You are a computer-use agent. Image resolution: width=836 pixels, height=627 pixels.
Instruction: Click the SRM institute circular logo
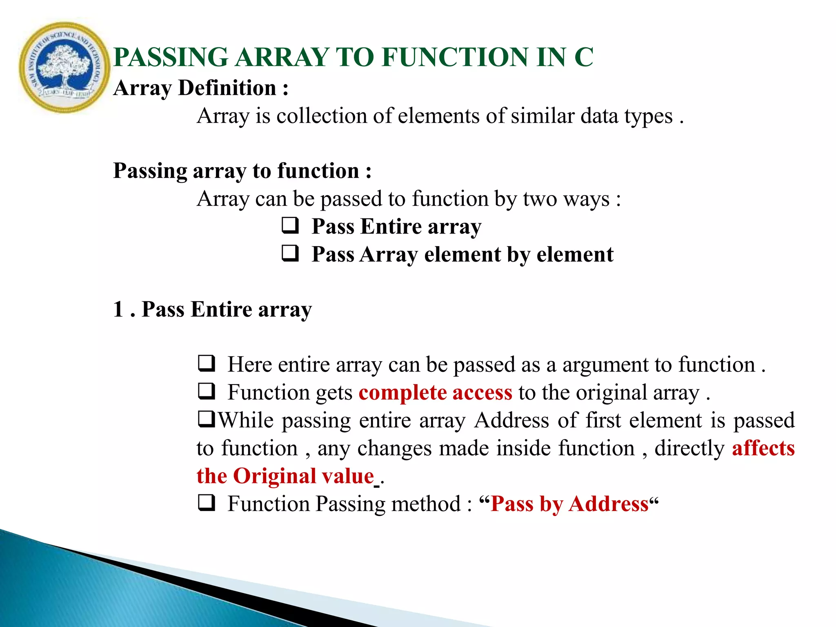point(64,68)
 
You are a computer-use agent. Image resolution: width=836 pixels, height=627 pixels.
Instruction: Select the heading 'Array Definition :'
point(201,88)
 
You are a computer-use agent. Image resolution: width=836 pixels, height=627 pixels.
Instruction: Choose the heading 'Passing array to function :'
point(242,171)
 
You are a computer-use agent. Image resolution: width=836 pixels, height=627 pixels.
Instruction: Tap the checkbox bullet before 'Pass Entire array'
point(290,226)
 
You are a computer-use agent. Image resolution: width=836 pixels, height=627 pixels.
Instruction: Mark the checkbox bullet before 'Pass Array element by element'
point(290,253)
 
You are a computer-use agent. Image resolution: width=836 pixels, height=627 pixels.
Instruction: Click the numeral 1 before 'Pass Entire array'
point(118,309)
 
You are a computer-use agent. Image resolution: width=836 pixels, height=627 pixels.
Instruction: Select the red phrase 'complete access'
point(435,393)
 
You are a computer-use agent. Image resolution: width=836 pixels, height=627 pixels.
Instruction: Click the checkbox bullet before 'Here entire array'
point(207,363)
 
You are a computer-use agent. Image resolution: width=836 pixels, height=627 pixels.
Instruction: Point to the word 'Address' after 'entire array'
point(511,420)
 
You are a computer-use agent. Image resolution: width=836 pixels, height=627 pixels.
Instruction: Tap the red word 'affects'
point(763,448)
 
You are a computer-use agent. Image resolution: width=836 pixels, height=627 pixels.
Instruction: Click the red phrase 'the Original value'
point(285,476)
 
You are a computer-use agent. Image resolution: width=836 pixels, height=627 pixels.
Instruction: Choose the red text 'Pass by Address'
point(569,504)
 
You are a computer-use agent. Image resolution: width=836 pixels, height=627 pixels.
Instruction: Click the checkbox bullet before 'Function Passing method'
point(207,503)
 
